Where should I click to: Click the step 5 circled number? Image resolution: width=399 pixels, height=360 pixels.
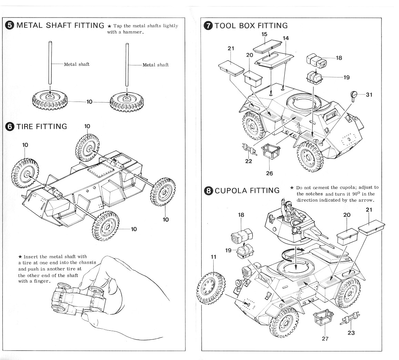[x=10, y=25]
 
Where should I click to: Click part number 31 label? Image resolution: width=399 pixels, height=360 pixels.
[x=369, y=95]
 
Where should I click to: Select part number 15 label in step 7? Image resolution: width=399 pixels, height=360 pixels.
[x=264, y=34]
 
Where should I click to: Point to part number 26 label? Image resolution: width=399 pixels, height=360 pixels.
[x=269, y=173]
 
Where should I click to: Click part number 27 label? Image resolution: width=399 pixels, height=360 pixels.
[x=325, y=338]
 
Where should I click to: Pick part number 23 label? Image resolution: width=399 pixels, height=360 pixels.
[x=351, y=333]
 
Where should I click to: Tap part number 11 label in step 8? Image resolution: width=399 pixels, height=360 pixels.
[x=214, y=257]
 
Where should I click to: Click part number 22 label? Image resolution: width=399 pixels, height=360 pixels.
[x=248, y=161]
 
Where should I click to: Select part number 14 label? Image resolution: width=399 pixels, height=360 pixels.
[x=286, y=38]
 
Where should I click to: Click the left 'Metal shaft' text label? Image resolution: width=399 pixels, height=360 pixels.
[x=76, y=64]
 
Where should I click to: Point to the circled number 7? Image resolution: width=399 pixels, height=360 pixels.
[x=208, y=26]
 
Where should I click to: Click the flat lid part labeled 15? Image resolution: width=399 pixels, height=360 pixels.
[x=267, y=46]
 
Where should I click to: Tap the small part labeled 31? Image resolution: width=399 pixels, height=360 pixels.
[x=354, y=95]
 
